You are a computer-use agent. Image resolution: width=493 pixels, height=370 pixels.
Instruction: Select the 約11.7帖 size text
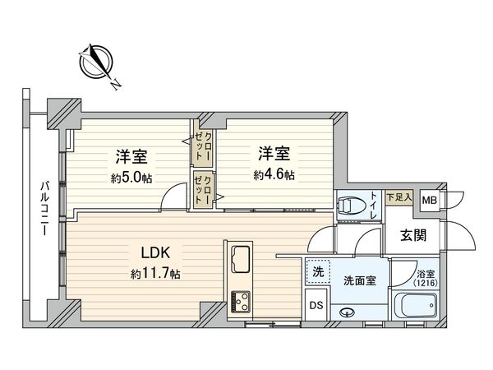click(154, 273)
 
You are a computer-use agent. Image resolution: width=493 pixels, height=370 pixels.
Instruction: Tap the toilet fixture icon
click(349, 204)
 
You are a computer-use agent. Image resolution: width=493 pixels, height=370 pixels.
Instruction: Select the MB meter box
click(429, 200)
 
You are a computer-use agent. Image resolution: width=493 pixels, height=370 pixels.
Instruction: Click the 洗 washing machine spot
click(317, 271)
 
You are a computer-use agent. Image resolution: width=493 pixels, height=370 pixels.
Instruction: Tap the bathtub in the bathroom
click(416, 306)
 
